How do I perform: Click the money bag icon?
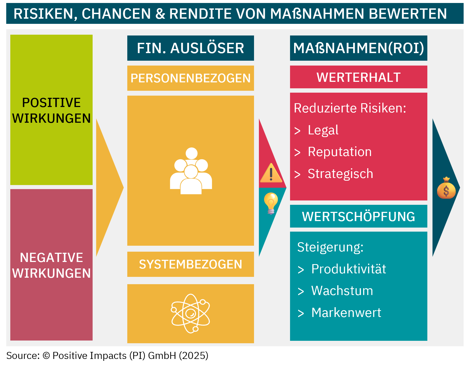click(x=446, y=188)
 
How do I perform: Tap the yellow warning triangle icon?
click(x=271, y=173)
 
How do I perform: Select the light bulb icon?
click(x=271, y=203)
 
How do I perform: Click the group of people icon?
click(x=191, y=171)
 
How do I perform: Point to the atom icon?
click(x=190, y=313)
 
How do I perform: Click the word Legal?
click(x=323, y=130)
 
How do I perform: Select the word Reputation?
click(x=340, y=152)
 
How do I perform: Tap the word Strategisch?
click(x=340, y=174)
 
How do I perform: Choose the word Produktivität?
click(x=349, y=269)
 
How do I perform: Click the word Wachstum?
click(x=342, y=291)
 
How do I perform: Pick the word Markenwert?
click(x=346, y=313)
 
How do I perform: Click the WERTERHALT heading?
click(x=359, y=77)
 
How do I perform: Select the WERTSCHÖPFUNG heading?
click(x=359, y=216)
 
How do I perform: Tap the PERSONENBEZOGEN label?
click(x=191, y=78)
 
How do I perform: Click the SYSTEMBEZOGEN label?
click(x=191, y=264)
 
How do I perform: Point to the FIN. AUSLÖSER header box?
click(x=191, y=48)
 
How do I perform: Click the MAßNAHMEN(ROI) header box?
click(x=359, y=48)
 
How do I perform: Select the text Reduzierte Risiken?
click(x=350, y=108)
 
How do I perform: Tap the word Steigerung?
click(x=330, y=247)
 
